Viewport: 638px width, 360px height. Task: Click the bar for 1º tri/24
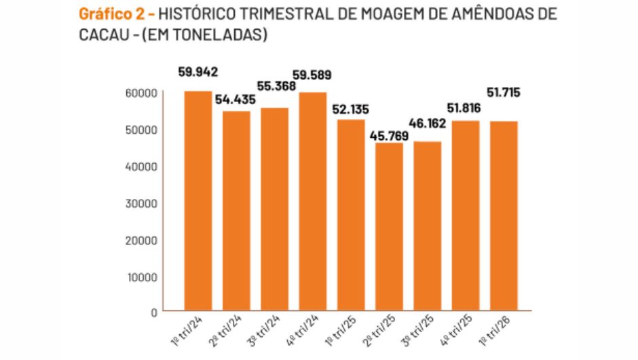coord(198,200)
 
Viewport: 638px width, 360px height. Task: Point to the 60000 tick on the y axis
coord(143,92)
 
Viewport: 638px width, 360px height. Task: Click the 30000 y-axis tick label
coord(143,203)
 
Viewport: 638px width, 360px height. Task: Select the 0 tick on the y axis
coord(154,313)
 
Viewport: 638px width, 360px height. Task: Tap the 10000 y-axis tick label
coord(143,276)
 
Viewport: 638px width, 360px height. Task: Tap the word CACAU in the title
coord(99,34)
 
